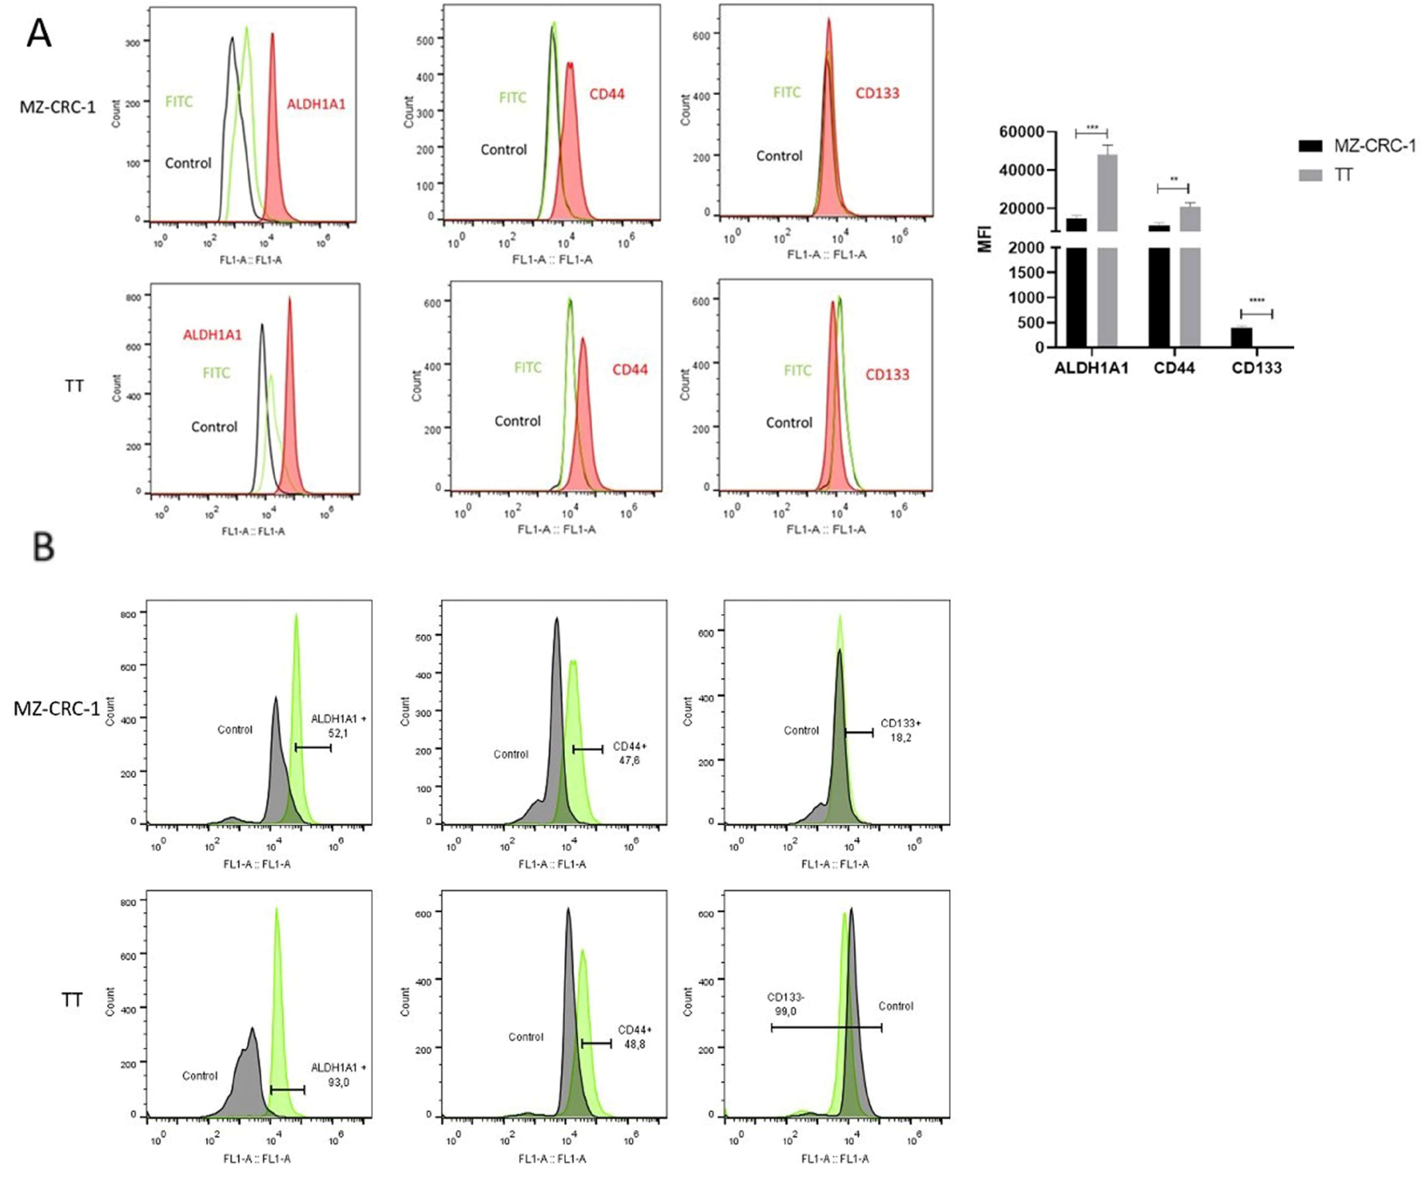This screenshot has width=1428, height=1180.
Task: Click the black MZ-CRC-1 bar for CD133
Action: tap(1241, 337)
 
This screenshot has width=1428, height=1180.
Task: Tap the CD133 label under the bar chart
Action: tap(1256, 368)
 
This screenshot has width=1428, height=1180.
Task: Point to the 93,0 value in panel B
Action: tap(338, 1082)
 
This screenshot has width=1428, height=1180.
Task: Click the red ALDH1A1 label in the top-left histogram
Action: tap(316, 104)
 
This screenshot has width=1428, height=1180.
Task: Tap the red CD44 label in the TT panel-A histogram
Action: tap(630, 370)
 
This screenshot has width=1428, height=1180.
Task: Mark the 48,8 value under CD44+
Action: tap(634, 1044)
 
